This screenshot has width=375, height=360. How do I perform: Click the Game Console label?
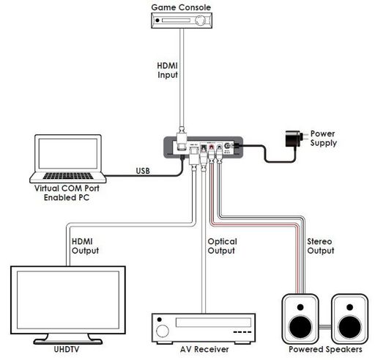coord(181,7)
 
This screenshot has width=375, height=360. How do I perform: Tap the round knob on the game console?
coord(201,21)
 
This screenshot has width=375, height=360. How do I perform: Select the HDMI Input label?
coord(167,70)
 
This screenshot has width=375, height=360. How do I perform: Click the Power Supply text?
coord(324,138)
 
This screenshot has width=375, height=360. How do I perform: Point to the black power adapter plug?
coord(294,139)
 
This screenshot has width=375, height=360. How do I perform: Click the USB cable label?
coord(143,171)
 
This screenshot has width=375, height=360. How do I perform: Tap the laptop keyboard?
coord(68,176)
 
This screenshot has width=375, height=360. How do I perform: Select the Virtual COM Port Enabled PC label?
coord(67,193)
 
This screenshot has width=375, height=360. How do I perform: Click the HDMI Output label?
coord(85,246)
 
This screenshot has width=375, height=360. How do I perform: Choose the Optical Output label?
coord(222,246)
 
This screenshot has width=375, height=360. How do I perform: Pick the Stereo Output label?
coord(321,246)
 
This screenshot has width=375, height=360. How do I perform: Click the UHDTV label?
coord(67,349)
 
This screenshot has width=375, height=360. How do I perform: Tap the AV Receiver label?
coord(204,350)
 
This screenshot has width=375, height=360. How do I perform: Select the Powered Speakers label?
coord(325,349)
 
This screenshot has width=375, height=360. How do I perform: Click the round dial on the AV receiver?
coord(163,331)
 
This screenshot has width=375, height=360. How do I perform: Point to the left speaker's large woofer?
coord(300,327)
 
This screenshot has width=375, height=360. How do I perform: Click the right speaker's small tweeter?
coord(349,307)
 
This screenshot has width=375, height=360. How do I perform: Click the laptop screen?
coord(68,153)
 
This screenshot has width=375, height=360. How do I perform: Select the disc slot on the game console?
coord(176,21)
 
